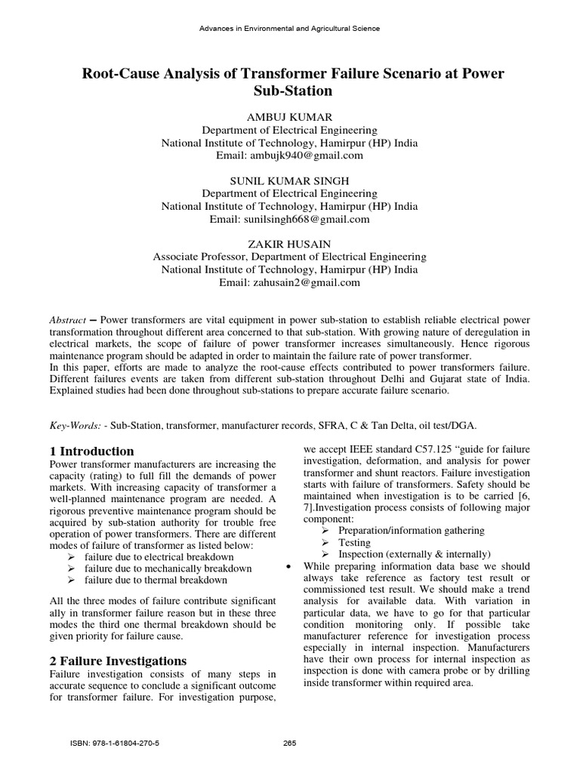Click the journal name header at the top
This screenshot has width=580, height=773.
point(289,29)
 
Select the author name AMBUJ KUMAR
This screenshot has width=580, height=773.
point(289,117)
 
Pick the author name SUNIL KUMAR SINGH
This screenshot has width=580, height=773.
point(289,181)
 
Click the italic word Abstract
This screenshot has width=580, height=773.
point(68,320)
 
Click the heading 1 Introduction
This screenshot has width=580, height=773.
point(91,451)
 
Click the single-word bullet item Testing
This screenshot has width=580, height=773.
point(355,542)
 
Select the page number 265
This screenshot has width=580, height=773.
point(289,743)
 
